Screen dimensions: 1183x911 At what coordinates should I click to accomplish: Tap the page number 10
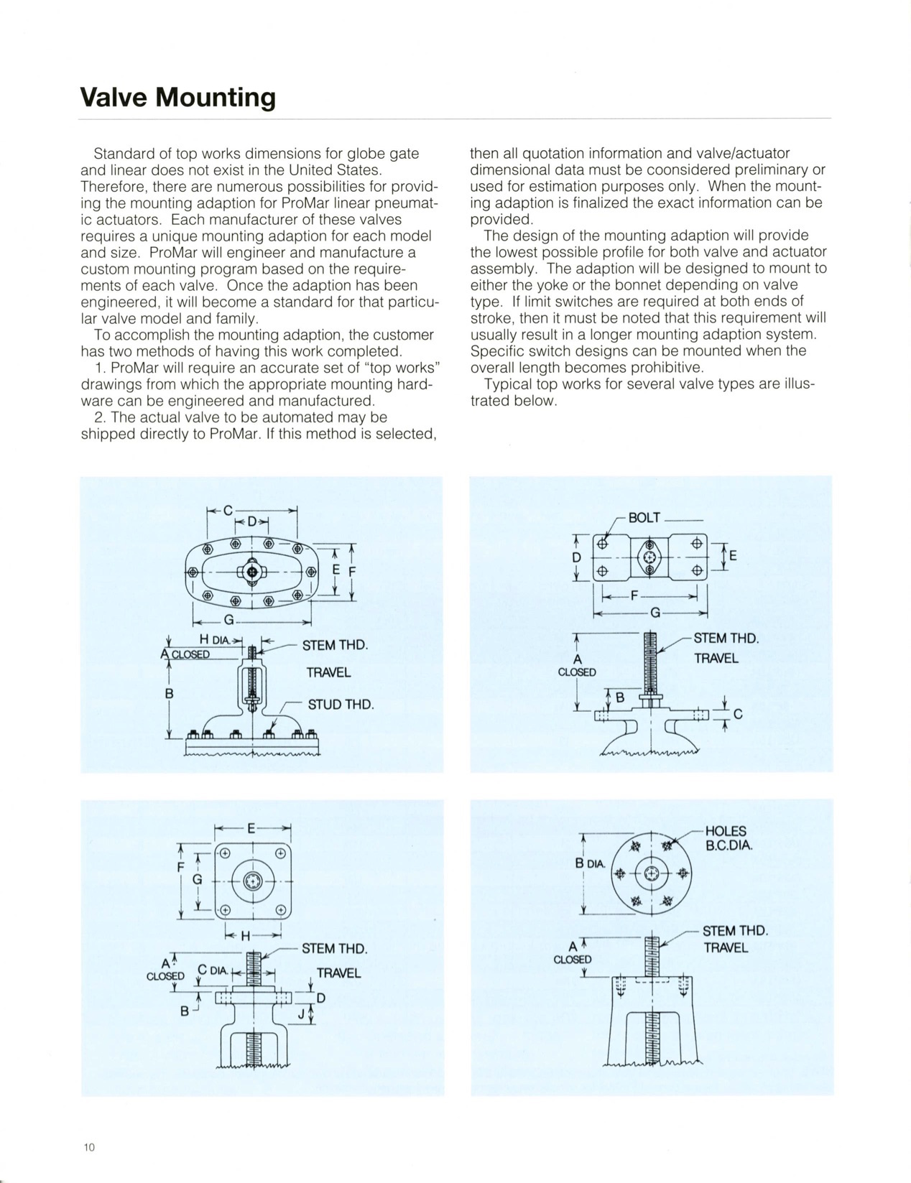88,1147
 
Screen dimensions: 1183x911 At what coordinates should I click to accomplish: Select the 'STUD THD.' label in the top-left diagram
341,704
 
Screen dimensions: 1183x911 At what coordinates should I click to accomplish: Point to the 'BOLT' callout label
644,517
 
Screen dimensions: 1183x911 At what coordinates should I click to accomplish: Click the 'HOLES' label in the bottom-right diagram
726,831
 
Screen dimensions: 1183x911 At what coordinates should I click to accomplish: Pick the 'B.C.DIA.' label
729,845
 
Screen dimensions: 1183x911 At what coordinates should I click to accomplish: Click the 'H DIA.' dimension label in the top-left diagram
214,640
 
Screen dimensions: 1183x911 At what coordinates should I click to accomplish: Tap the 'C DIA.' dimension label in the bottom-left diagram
213,971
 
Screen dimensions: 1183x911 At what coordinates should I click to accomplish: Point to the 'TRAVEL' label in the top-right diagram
716,658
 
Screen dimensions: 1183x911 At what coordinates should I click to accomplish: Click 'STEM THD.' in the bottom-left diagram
334,948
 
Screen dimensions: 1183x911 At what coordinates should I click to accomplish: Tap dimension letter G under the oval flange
229,619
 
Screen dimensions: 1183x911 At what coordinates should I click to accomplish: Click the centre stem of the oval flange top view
252,571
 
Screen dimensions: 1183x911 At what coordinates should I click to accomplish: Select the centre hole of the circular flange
650,873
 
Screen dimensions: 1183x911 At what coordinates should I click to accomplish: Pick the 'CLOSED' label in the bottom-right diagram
573,959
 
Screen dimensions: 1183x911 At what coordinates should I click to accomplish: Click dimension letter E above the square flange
251,828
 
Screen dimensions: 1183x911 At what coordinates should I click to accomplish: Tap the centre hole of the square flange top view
253,881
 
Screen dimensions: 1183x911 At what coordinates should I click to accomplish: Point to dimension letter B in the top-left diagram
169,695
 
